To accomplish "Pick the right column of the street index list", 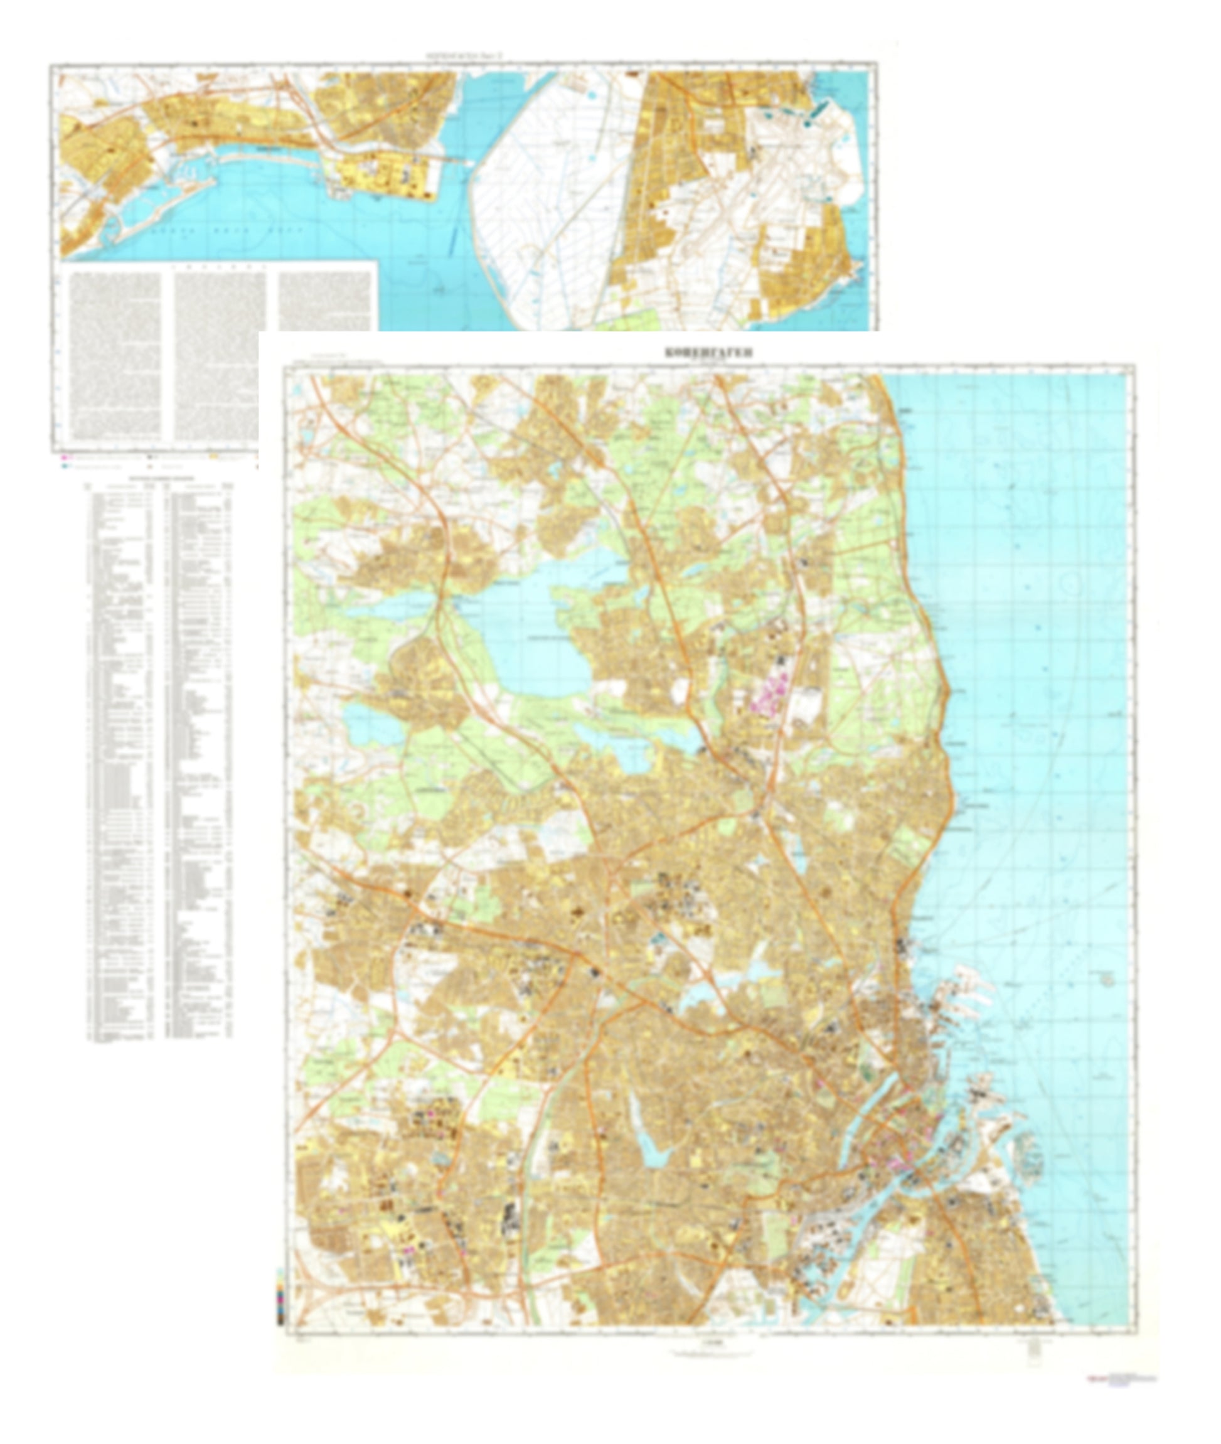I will click(x=200, y=761).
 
